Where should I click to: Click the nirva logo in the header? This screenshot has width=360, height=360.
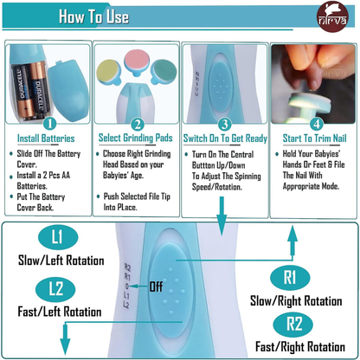(332, 16)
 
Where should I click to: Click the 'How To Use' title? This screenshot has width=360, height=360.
(93, 16)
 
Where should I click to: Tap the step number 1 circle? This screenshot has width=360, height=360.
(50, 124)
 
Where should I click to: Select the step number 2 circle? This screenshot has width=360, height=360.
(138, 125)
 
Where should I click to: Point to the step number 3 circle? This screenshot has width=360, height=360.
(225, 125)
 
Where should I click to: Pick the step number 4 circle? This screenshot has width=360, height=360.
(317, 124)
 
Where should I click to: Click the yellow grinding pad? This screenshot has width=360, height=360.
(108, 72)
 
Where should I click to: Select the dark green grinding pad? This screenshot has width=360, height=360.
(164, 72)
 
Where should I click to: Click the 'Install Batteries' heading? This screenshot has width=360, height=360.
(46, 138)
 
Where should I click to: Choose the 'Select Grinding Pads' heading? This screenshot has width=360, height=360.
(135, 138)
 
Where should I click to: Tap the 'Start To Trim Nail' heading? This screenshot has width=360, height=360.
(314, 138)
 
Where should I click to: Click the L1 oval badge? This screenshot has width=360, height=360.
(57, 237)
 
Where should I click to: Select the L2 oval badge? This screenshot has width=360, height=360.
(55, 289)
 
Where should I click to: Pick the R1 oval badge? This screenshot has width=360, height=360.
(290, 277)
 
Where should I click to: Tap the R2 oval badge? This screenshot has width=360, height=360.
(293, 325)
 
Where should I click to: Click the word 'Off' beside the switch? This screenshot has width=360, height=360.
(156, 286)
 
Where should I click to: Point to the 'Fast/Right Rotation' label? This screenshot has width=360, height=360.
(300, 347)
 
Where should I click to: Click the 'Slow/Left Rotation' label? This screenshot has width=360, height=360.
(61, 260)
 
